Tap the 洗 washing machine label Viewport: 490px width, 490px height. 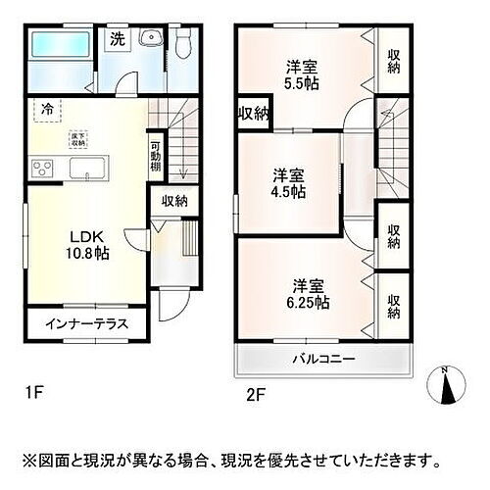(118, 40)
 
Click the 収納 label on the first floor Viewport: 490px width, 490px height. (174, 201)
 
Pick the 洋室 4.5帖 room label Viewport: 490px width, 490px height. (288, 183)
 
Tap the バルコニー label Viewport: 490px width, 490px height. (322, 360)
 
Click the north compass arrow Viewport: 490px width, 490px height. (449, 384)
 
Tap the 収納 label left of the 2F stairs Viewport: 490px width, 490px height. (253, 115)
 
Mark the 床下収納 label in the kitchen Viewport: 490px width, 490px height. (77, 137)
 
